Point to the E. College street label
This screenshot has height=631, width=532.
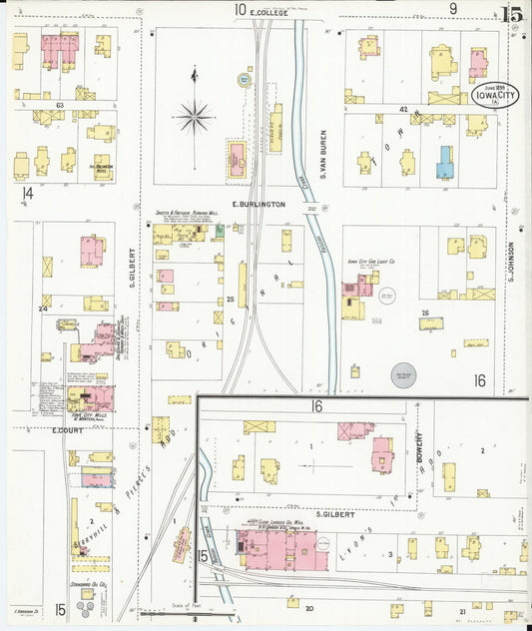(268, 12)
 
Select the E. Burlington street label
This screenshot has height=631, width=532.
(259, 204)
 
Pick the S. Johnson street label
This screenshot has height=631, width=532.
(509, 261)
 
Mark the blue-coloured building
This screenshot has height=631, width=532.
(445, 162)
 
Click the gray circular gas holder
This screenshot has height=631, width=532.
(404, 374)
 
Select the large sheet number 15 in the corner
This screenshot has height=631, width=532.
(513, 14)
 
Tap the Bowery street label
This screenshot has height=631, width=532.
(420, 446)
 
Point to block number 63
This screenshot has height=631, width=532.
(60, 104)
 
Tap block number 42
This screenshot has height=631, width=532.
(404, 108)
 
